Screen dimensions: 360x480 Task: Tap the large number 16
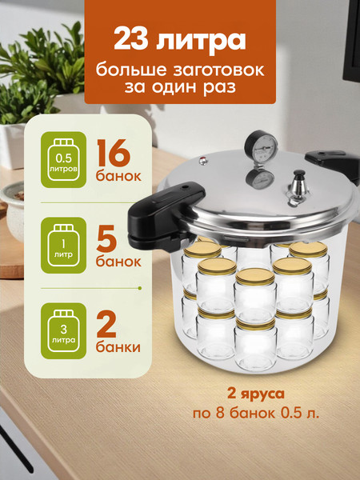(114, 153)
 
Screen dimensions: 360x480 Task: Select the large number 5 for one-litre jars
(106, 238)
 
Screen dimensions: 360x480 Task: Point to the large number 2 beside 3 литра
(106, 324)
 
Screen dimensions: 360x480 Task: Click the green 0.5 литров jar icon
(63, 159)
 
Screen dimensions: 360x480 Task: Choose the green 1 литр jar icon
(63, 246)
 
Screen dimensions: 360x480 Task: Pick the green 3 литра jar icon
(63, 331)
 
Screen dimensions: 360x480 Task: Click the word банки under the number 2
(118, 347)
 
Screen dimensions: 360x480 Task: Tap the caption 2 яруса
(256, 394)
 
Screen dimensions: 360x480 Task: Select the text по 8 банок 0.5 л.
(256, 414)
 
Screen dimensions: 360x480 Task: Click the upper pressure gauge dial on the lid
(261, 145)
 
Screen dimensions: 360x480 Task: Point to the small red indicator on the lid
(203, 161)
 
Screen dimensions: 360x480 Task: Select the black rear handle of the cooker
(333, 165)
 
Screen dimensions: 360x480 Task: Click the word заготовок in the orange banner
(219, 70)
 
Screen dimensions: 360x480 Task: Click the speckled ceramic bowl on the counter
(13, 211)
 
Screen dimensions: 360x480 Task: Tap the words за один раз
(180, 87)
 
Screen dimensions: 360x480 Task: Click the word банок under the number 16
(118, 176)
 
